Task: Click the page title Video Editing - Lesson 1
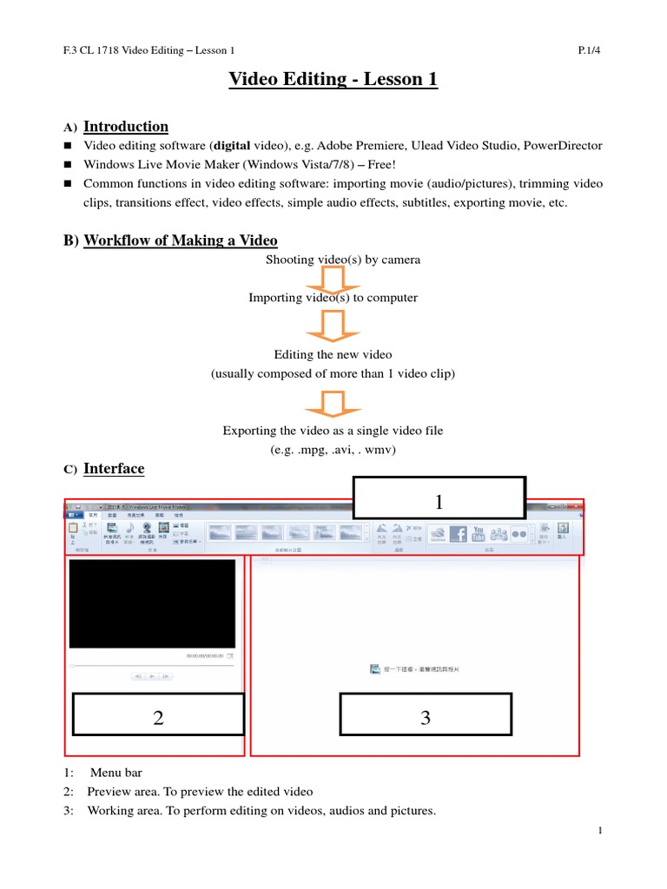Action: (333, 80)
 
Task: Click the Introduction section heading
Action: (126, 127)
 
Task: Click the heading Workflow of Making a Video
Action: (181, 240)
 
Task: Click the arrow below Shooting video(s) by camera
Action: (333, 279)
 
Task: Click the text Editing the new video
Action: (333, 355)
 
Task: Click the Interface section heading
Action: (114, 469)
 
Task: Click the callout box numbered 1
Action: (439, 502)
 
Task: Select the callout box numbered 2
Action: (159, 717)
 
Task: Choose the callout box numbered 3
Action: (425, 717)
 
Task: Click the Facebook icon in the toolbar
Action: (457, 534)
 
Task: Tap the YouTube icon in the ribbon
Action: (478, 534)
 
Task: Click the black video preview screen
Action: (152, 603)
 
